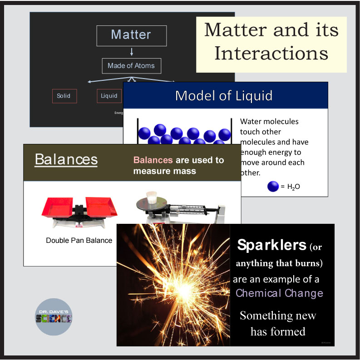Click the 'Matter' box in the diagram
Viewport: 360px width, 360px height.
(x=131, y=35)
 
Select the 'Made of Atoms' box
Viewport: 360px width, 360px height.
(x=131, y=66)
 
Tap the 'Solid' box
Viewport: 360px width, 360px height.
(x=64, y=96)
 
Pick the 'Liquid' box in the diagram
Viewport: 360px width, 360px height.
(x=109, y=96)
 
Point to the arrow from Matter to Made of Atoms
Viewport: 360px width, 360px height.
(x=131, y=52)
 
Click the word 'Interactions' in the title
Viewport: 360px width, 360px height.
(x=271, y=54)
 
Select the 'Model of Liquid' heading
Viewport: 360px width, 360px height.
(x=224, y=95)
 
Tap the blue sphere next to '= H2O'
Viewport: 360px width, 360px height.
(x=273, y=187)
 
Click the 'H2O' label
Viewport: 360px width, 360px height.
(x=294, y=187)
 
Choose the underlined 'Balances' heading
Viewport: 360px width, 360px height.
(x=66, y=159)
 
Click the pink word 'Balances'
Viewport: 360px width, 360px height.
(x=153, y=160)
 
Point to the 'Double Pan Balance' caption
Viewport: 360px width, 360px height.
(x=79, y=240)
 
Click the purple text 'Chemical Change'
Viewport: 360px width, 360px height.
(x=279, y=293)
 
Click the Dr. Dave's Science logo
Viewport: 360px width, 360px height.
(x=54, y=316)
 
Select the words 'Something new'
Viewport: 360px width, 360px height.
(x=278, y=316)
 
